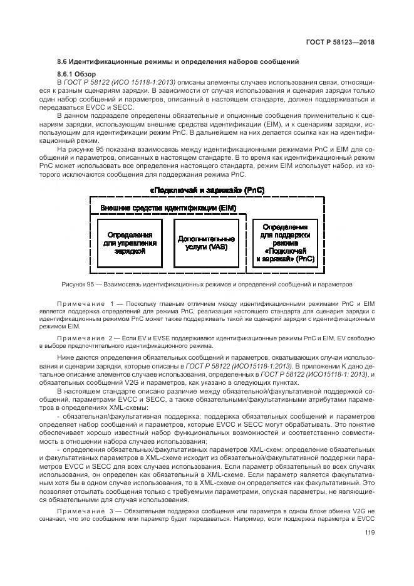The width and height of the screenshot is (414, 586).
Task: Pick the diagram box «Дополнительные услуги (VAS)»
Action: [206, 243]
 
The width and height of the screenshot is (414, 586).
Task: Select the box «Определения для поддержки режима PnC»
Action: [284, 243]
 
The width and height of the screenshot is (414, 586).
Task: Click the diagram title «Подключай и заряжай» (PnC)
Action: [207, 189]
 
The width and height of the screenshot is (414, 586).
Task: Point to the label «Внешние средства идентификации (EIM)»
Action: [154, 207]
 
